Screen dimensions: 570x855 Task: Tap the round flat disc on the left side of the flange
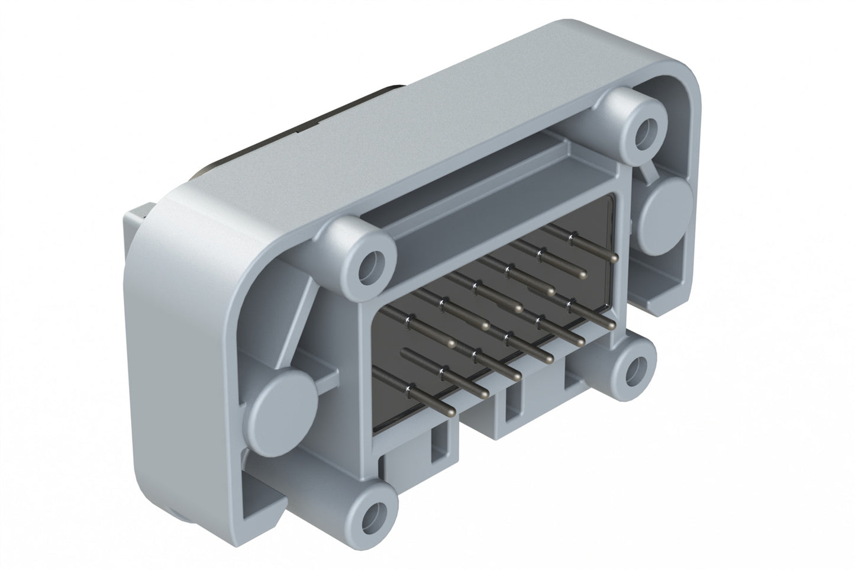[x=288, y=410]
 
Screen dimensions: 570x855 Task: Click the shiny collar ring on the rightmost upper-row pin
[x=571, y=239]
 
